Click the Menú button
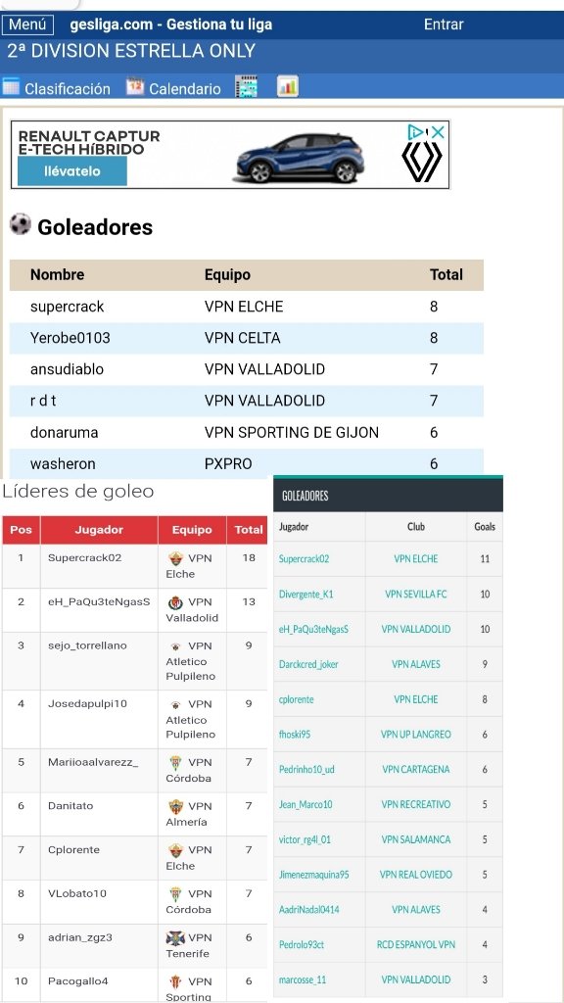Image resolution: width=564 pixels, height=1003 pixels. tap(27, 24)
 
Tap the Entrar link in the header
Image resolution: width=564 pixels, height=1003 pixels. tap(444, 24)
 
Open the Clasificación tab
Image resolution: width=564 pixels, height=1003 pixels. tap(57, 88)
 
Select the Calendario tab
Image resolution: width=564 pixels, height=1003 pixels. tap(173, 88)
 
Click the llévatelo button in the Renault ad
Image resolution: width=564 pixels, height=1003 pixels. tap(72, 171)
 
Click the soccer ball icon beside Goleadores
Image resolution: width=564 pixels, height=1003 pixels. tap(20, 225)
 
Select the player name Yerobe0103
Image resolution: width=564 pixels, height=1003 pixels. tap(70, 338)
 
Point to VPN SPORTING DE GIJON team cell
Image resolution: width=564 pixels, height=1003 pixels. tap(291, 432)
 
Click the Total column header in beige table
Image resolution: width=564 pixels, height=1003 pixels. tap(446, 275)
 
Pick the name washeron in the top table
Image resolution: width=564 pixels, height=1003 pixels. tap(63, 463)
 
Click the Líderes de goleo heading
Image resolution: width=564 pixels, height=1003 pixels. tap(78, 491)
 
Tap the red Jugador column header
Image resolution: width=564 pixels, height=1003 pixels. tap(99, 530)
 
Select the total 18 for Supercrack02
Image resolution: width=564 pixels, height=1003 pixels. tap(249, 558)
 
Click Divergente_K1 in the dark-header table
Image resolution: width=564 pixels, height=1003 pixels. tap(305, 594)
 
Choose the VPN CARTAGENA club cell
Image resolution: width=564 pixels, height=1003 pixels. tap(416, 769)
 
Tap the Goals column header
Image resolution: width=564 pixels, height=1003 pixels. tap(485, 526)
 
